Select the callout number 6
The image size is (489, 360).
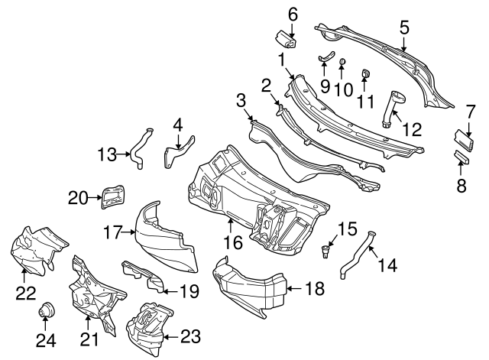tap(292, 13)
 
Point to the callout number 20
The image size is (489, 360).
tap(78, 199)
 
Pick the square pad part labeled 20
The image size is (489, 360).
tap(113, 196)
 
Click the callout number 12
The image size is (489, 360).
tap(413, 130)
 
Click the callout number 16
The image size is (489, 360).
tap(232, 244)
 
